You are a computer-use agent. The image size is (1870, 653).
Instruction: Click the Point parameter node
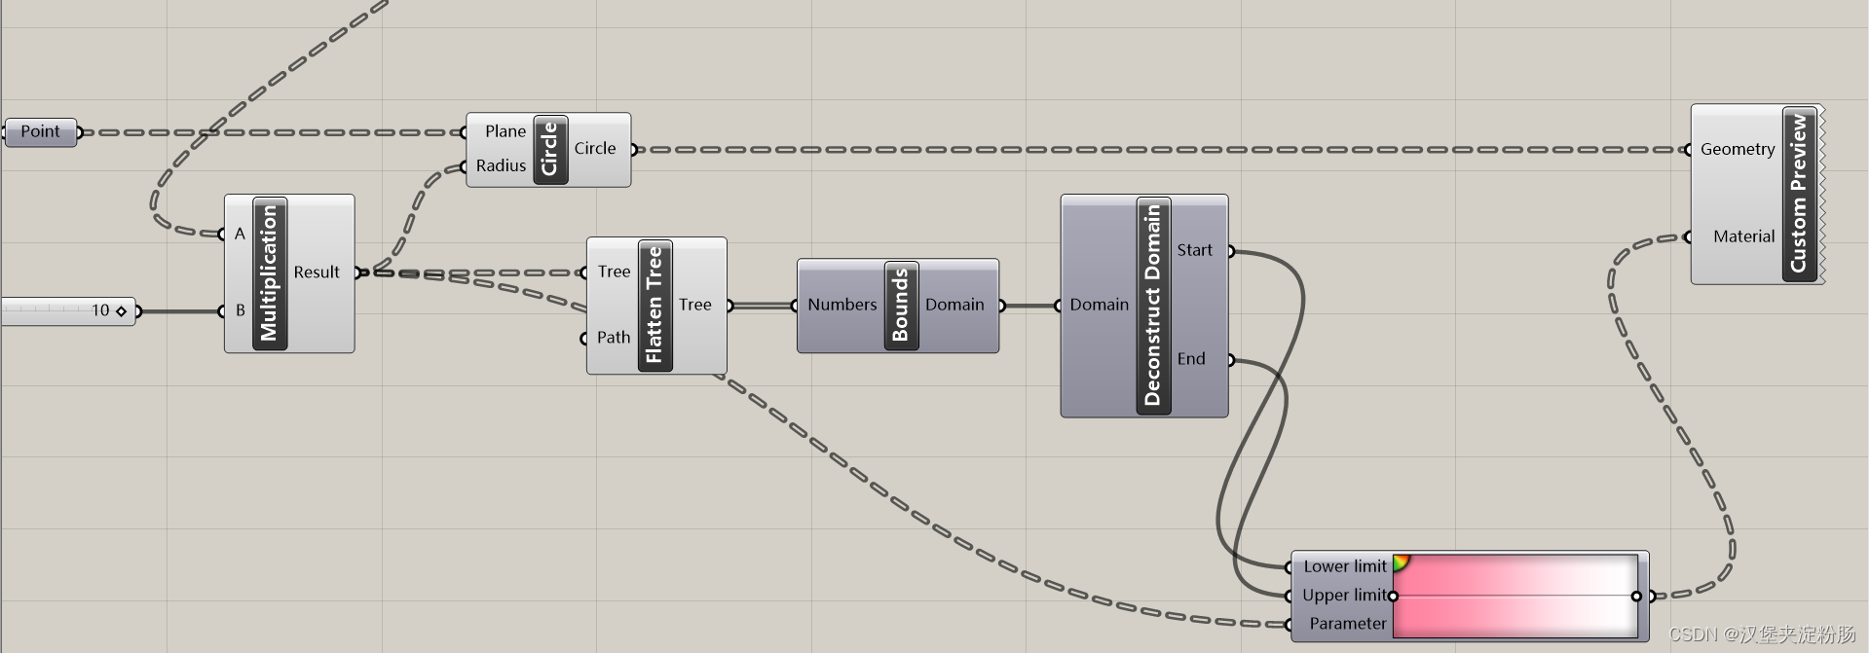(x=41, y=131)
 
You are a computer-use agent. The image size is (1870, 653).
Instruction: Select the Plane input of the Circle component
(x=505, y=131)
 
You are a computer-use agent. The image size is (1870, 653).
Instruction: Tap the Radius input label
(x=501, y=165)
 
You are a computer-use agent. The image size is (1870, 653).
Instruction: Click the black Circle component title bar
(x=550, y=149)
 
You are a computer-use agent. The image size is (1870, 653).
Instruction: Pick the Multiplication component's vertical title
(x=270, y=273)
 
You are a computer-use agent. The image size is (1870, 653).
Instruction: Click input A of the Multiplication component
(x=240, y=234)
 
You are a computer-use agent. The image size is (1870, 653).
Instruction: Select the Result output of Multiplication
(x=317, y=272)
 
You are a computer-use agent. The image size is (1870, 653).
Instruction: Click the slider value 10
(x=100, y=310)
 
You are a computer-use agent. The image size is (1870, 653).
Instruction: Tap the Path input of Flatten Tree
(x=614, y=338)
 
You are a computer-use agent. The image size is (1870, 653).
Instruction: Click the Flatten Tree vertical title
(x=654, y=306)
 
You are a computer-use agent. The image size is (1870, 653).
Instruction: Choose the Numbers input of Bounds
(x=841, y=305)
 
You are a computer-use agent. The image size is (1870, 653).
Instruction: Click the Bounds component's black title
(x=901, y=306)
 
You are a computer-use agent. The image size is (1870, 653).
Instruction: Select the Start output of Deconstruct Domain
(x=1194, y=250)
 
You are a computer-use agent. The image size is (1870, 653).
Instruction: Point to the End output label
(x=1191, y=359)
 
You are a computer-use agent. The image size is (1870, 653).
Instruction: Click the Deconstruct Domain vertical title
(x=1153, y=306)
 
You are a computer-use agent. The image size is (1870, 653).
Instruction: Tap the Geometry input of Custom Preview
(x=1738, y=149)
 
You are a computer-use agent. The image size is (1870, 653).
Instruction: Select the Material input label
(x=1743, y=236)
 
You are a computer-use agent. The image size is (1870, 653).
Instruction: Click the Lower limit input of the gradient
(x=1344, y=566)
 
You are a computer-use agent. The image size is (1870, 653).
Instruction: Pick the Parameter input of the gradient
(x=1347, y=624)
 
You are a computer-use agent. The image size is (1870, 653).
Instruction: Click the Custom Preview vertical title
(x=1799, y=194)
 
